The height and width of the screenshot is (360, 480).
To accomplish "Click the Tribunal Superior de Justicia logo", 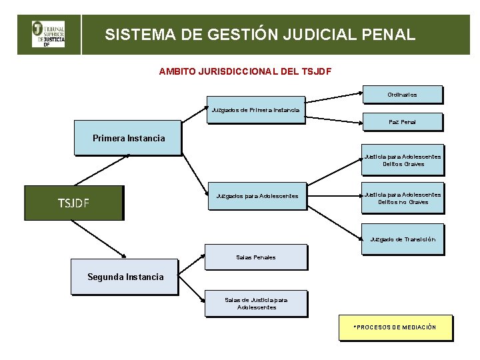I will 49,34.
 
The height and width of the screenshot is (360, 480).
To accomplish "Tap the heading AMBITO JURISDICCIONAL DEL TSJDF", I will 245,71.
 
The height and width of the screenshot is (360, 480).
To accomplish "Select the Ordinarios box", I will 402,95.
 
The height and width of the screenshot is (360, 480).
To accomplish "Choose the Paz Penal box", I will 402,122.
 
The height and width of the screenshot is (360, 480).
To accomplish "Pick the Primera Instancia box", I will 127,138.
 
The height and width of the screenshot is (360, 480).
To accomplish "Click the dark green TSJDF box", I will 74,203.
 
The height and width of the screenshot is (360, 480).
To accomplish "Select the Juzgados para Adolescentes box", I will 257,196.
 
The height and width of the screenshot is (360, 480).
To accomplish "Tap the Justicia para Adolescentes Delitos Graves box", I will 402,160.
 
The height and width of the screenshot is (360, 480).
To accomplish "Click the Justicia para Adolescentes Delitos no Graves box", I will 402,198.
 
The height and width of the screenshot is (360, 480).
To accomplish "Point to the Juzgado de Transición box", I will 402,239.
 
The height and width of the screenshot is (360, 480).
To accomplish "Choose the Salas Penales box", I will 255,257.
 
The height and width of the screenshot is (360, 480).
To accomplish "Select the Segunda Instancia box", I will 125,277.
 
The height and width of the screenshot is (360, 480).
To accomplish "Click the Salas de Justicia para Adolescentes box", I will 255,303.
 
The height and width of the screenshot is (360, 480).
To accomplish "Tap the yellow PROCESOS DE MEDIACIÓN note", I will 395,327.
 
